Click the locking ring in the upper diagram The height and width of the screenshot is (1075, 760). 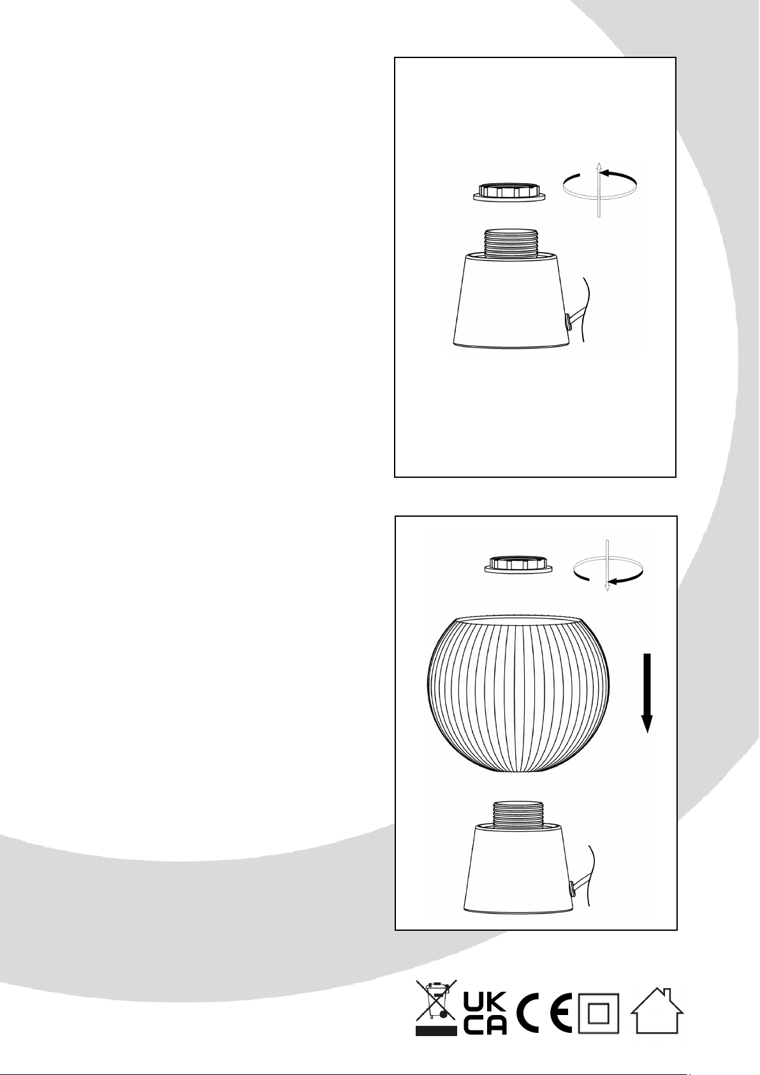coord(509,192)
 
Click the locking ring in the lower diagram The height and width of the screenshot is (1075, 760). coord(518,565)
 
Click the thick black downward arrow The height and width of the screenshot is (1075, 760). coord(647,693)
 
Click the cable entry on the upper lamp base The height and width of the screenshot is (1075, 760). coord(567,322)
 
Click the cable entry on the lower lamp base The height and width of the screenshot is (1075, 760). coord(573,890)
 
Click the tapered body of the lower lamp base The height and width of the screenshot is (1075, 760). coord(518,870)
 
